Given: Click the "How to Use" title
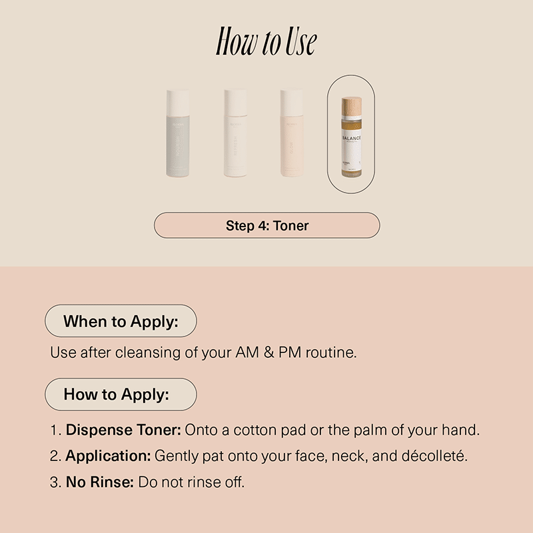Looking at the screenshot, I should pos(266,42).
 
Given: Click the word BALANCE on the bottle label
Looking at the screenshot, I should pos(350,134).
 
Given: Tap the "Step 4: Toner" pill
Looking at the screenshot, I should pos(266,225).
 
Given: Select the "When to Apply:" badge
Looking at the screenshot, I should pos(121,321).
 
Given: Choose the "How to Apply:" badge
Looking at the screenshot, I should pos(121,394).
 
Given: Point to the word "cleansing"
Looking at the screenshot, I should pos(147,352).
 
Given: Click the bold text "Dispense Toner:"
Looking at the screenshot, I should pos(123,430).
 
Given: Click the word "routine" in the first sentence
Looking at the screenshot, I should pos(330,352).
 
